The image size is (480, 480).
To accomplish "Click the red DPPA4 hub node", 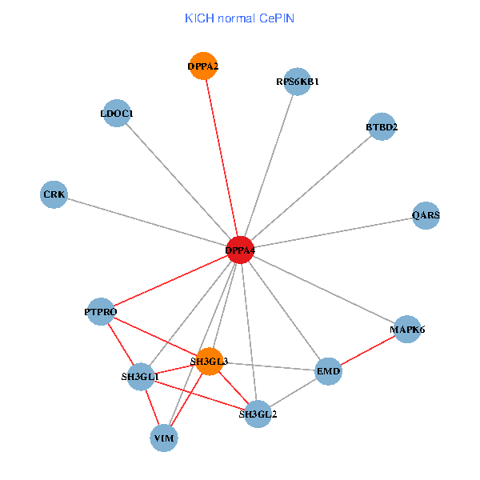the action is pyautogui.click(x=240, y=250).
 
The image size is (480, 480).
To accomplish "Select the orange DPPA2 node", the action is pyautogui.click(x=203, y=66).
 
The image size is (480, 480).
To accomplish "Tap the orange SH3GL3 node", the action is pyautogui.click(x=210, y=362).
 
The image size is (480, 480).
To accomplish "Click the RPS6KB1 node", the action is pyautogui.click(x=297, y=81).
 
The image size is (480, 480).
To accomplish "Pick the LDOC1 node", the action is pyautogui.click(x=117, y=114).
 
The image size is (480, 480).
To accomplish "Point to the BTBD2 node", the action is pyautogui.click(x=382, y=126).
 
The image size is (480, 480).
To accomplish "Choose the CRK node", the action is pyautogui.click(x=54, y=194).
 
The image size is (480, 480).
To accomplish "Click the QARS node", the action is pyautogui.click(x=426, y=215).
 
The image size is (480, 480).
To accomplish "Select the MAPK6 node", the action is pyautogui.click(x=407, y=329).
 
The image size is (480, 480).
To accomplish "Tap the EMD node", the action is pyautogui.click(x=329, y=371).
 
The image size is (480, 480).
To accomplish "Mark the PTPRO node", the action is pyautogui.click(x=101, y=311).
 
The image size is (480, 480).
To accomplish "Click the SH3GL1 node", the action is pyautogui.click(x=141, y=376).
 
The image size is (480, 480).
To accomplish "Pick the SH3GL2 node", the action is pyautogui.click(x=258, y=414).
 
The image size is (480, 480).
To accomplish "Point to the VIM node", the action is pyautogui.click(x=164, y=438).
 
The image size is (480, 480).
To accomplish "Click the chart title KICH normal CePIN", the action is pyautogui.click(x=239, y=18).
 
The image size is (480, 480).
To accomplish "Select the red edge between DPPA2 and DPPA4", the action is pyautogui.click(x=222, y=158).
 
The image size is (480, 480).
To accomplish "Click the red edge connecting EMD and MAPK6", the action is pyautogui.click(x=368, y=350).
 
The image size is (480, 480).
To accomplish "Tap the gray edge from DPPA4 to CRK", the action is pyautogui.click(x=147, y=222).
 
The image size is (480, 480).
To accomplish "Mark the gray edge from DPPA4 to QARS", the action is pyautogui.click(x=333, y=233).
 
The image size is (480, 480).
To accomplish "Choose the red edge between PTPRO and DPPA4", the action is pyautogui.click(x=170, y=281).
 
